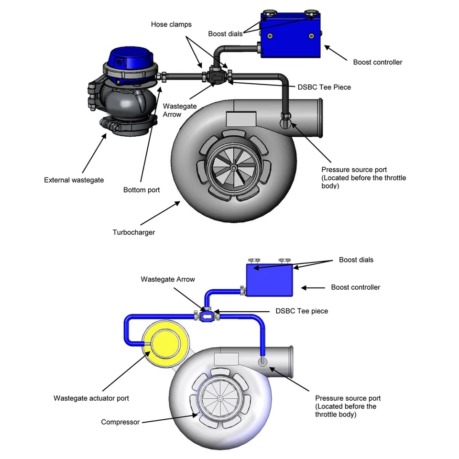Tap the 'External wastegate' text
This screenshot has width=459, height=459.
point(74,180)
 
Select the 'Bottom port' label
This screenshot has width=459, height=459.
point(142,190)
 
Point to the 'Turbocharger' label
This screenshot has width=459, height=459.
point(134,232)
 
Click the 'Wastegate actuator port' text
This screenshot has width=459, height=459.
point(91,398)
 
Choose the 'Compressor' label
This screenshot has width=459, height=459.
point(120,422)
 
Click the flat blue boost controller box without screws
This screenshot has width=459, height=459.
point(270,280)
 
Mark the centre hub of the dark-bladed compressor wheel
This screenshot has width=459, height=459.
point(233,168)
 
